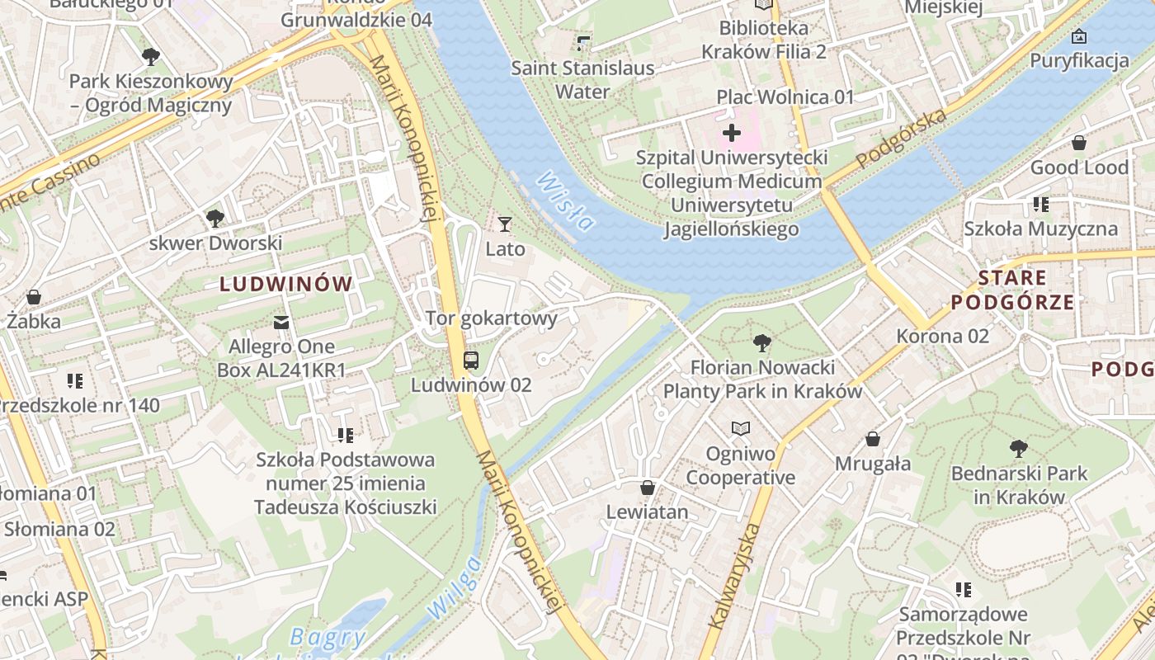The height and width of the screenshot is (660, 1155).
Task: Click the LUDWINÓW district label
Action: pos(285,285)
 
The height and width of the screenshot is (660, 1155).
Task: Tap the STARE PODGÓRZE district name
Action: pos(1012,290)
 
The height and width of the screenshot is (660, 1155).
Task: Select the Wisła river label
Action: pos(564,200)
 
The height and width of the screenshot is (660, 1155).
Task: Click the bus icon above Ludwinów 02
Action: pos(470,360)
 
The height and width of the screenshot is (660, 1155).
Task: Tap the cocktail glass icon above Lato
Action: pos(505,224)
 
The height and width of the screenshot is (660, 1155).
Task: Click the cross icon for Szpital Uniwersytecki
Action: pos(731,132)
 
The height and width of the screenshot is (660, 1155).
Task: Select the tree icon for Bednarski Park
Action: pos(1019,449)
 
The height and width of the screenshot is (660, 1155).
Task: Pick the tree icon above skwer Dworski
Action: pos(215,219)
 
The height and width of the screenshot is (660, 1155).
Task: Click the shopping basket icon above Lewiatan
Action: pos(648,488)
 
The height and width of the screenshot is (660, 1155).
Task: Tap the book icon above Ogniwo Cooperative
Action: pos(741,429)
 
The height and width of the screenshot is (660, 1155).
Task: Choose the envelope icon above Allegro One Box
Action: pos(281,321)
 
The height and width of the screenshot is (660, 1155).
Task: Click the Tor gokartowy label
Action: pos(491,318)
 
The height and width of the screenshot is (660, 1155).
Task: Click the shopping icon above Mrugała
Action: pos(872,439)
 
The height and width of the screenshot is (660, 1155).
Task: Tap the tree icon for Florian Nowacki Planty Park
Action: pos(762,342)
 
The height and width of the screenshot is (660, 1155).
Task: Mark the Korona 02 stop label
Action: pos(942,336)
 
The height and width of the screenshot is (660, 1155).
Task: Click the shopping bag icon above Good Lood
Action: pos(1078,143)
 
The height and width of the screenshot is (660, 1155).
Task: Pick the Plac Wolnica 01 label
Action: pos(785,97)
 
